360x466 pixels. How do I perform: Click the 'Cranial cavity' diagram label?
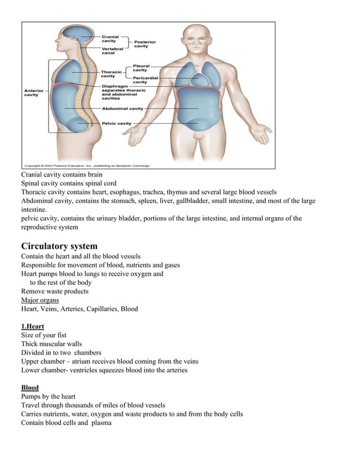(x=110, y=38)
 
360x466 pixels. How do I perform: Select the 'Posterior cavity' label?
(x=145, y=44)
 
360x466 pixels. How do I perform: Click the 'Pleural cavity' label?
(x=141, y=68)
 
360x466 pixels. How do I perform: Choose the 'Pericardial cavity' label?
(x=144, y=80)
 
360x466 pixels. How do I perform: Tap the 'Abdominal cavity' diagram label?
(x=122, y=108)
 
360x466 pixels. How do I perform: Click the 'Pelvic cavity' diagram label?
(x=117, y=123)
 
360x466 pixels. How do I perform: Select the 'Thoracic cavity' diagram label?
(x=111, y=74)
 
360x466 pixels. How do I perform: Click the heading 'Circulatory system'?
(x=59, y=246)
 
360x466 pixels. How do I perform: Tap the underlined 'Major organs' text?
(x=39, y=300)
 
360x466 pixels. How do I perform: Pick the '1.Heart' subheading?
(x=33, y=327)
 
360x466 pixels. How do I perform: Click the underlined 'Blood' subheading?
(x=30, y=388)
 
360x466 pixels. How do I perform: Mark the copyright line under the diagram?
(x=87, y=166)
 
